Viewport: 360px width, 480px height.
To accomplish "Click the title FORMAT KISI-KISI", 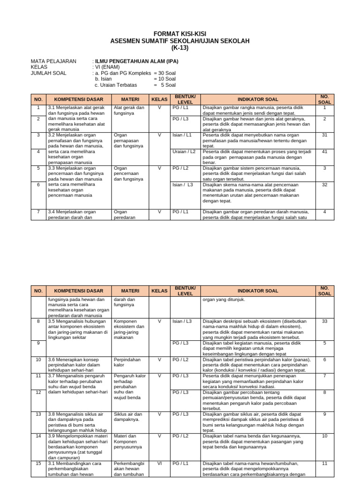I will (180, 34).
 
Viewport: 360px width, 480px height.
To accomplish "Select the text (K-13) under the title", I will (180, 48).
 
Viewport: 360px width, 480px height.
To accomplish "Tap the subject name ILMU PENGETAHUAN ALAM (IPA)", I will (136, 61).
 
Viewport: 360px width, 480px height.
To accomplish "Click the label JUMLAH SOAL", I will (48, 73).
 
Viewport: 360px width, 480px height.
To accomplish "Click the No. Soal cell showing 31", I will (324, 135).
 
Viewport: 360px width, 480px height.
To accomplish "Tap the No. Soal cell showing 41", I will (324, 151).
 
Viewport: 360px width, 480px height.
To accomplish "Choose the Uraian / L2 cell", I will (184, 151).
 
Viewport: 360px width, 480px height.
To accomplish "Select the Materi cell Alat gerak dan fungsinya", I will (129, 110).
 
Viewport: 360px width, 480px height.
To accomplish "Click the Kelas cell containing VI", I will (159, 463).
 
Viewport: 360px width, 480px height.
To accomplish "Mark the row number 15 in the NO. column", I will (38, 463).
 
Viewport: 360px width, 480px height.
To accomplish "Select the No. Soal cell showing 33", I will (324, 321).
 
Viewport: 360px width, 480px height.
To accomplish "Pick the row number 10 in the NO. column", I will (38, 360).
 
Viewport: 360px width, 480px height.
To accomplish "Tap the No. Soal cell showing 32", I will (324, 185).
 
